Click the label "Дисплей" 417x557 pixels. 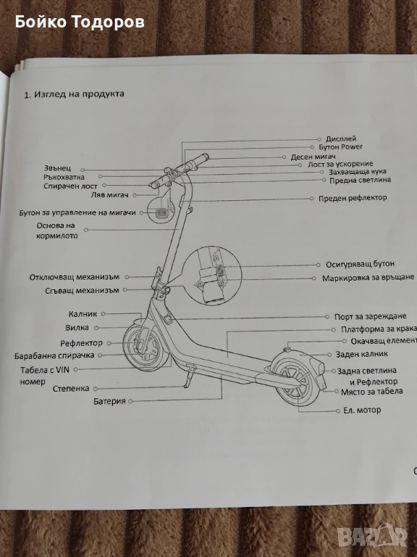pos(341,139)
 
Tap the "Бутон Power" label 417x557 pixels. pos(340,147)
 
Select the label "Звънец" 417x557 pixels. pos(57,168)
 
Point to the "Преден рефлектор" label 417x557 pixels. pos(353,198)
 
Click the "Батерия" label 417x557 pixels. pos(109,401)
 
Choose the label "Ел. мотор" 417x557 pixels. pos(362,410)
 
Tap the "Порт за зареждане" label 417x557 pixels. pos(370,316)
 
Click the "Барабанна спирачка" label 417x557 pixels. pos(54,355)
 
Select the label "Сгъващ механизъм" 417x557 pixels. pos(82,291)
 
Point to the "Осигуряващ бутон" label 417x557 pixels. pos(360,264)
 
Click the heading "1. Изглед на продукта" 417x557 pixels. pos(74,94)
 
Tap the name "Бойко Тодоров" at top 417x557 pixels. pos(80,22)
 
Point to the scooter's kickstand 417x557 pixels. pos(189,376)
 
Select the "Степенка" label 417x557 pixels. pos(71,389)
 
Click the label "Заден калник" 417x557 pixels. pos(362,354)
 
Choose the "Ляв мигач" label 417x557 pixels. pos(109,194)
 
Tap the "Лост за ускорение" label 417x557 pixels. pos(340,164)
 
